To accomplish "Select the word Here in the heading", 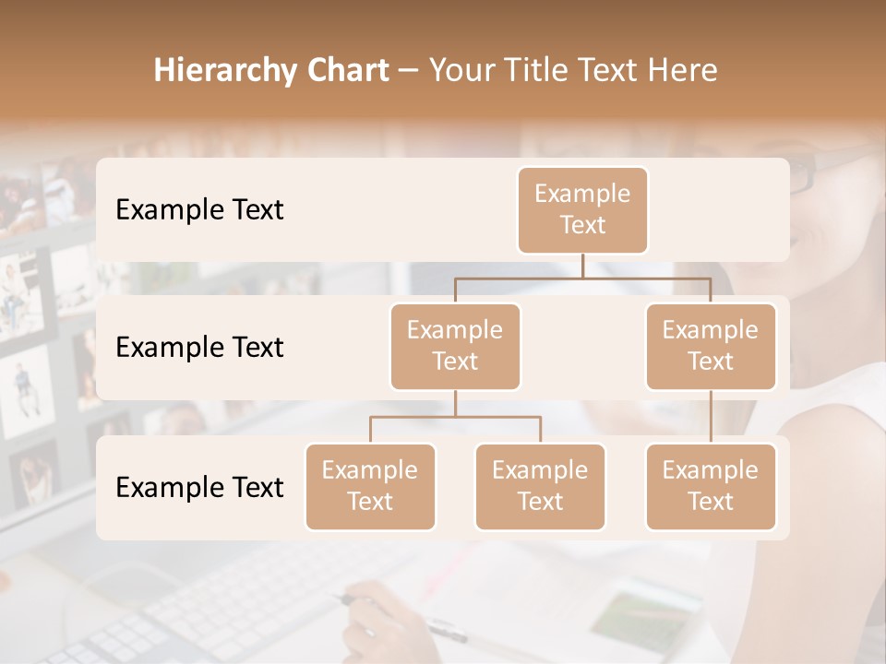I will tap(684, 70).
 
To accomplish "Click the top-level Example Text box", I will tap(582, 209).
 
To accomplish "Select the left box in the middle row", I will tap(455, 346).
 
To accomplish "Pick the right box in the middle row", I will tap(711, 346).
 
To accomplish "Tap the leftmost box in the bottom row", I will tap(370, 486).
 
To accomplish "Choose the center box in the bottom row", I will tap(540, 486).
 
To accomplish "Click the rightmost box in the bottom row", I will tap(711, 486).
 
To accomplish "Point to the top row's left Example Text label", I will tap(199, 209).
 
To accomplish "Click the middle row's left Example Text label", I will tap(199, 347).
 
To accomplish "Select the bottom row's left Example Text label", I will tap(199, 487).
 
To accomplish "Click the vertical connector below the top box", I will tap(582, 266).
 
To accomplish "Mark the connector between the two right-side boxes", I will tap(711, 417).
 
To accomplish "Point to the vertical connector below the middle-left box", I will tap(455, 404).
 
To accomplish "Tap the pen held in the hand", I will tap(434, 628).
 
